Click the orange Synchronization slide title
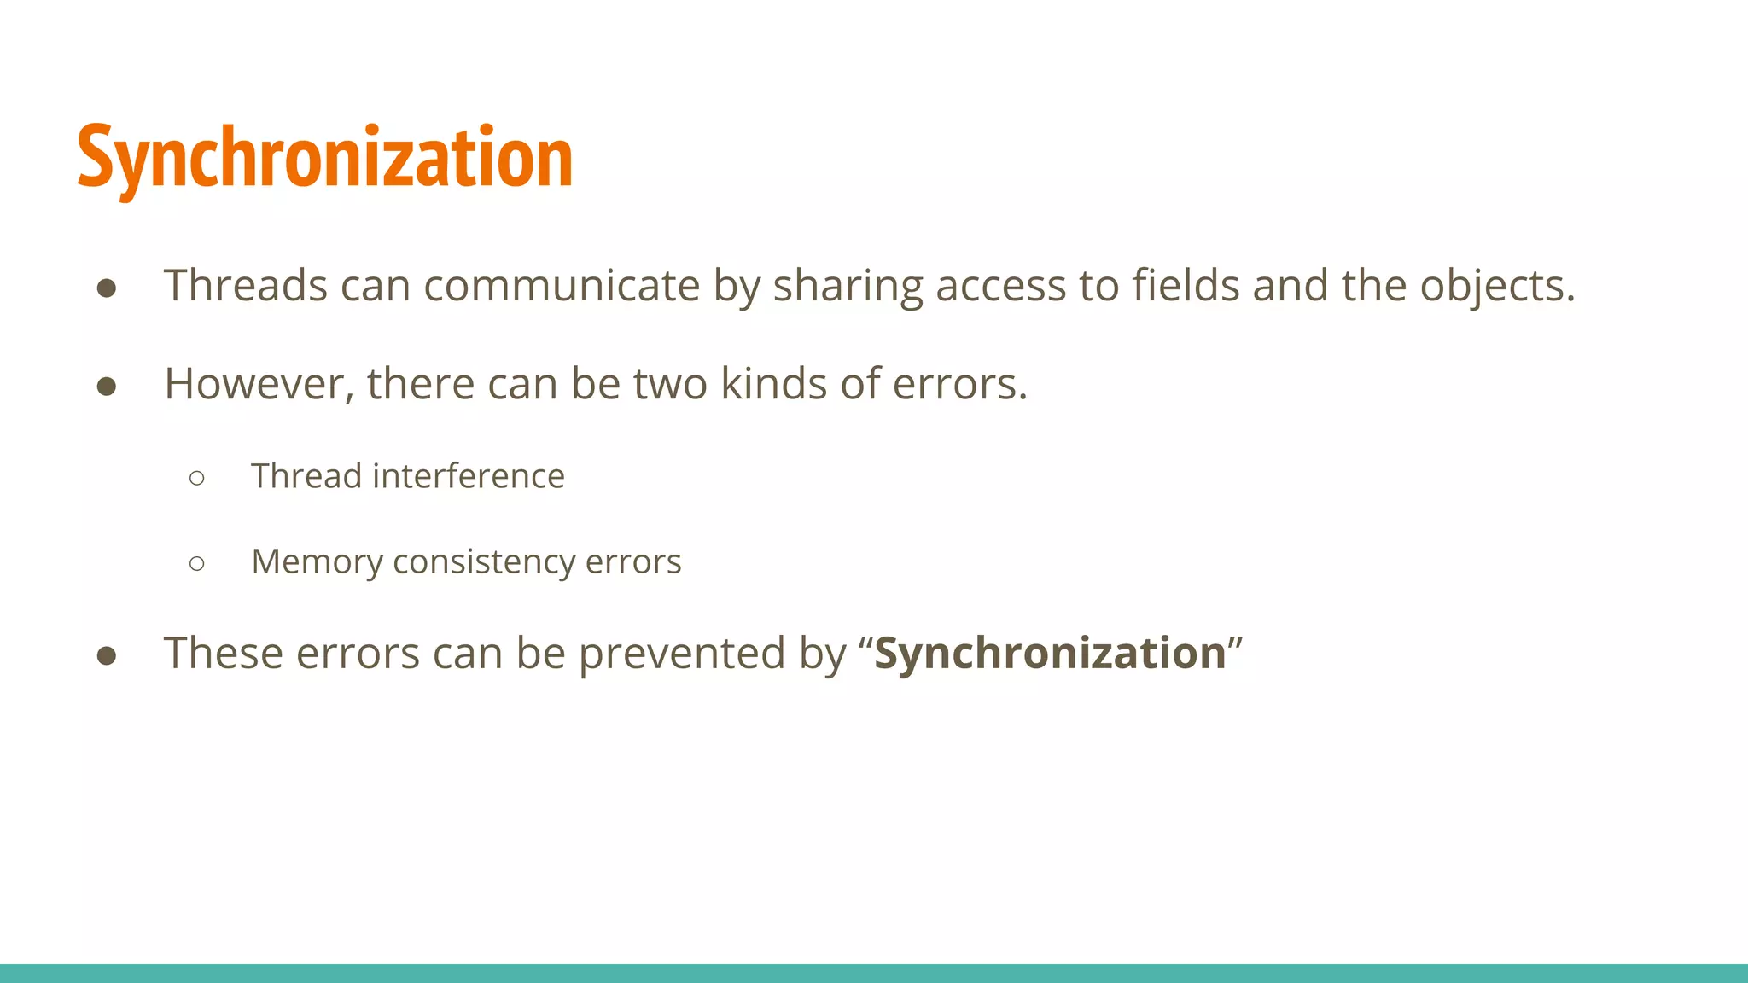(x=324, y=159)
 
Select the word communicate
(x=562, y=286)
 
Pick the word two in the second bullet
(x=670, y=385)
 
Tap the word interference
(x=469, y=476)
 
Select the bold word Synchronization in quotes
(x=1050, y=654)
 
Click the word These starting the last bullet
(x=223, y=654)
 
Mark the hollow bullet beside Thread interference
(x=197, y=478)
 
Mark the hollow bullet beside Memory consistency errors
(x=197, y=563)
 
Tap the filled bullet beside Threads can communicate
(x=107, y=288)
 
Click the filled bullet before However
(x=107, y=387)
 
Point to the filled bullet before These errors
(x=107, y=655)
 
